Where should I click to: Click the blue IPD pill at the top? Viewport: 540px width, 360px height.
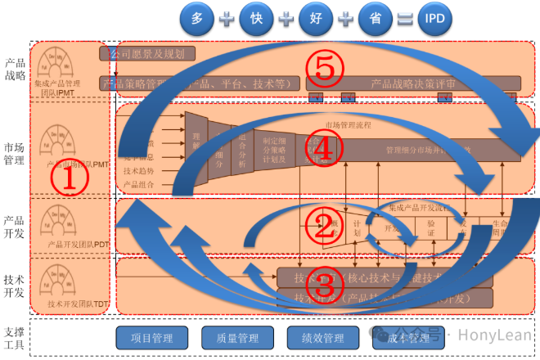pyautogui.click(x=448, y=17)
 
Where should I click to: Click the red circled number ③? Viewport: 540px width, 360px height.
pyautogui.click(x=325, y=284)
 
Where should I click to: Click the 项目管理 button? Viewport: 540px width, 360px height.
pyautogui.click(x=152, y=337)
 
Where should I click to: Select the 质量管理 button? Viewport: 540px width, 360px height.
pyautogui.click(x=237, y=337)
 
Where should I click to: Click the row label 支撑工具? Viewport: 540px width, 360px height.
pyautogui.click(x=15, y=337)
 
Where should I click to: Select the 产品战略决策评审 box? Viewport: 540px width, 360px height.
pyautogui.click(x=413, y=83)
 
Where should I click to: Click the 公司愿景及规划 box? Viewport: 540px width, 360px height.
pyautogui.click(x=148, y=54)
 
